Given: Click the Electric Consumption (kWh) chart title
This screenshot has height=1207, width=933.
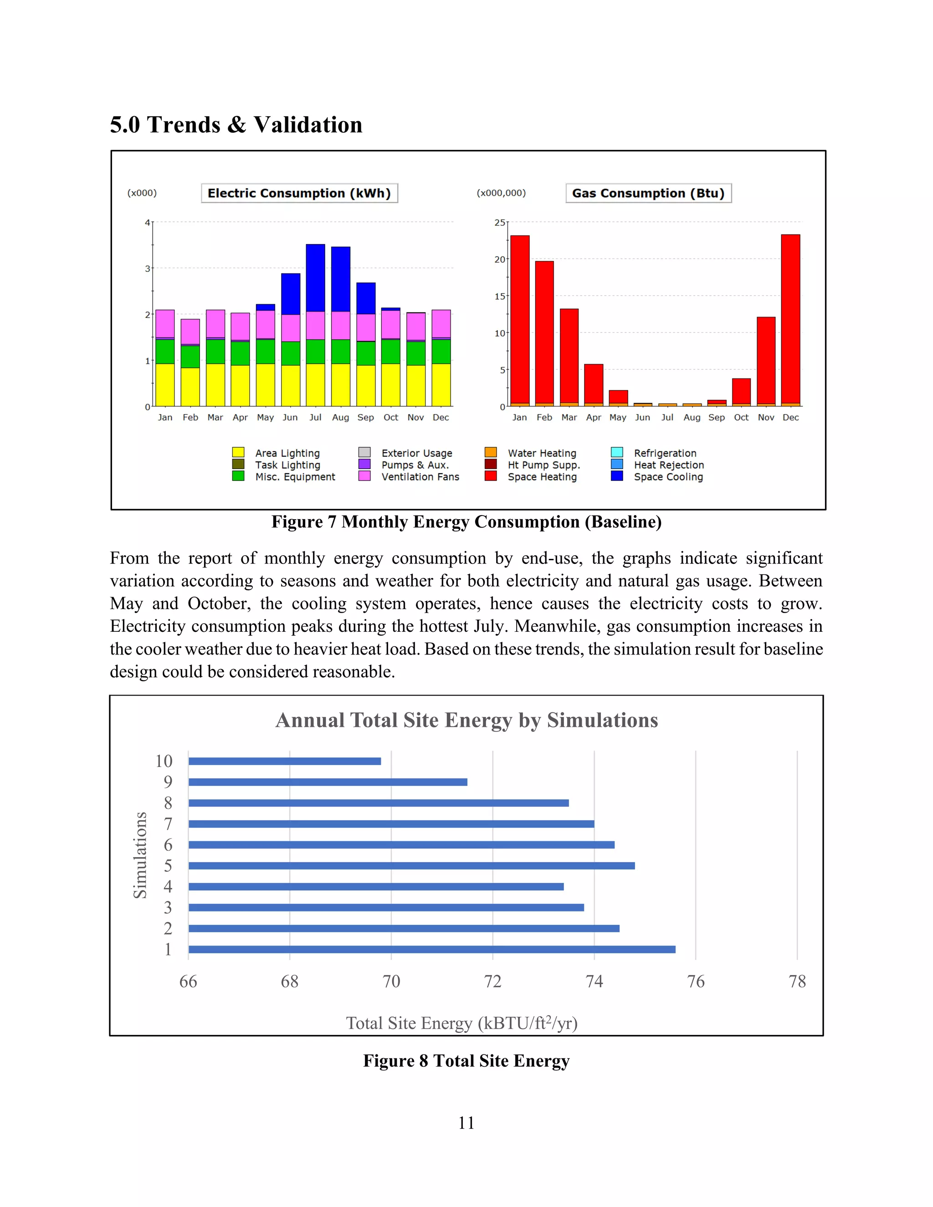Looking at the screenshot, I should click(299, 193).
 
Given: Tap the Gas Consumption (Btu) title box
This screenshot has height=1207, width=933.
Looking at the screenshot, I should click(648, 193).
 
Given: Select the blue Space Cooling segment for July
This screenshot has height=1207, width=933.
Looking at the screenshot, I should click(316, 277).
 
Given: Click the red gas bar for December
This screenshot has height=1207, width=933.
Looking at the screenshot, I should click(790, 319).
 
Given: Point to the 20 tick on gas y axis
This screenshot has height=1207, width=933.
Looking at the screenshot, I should click(500, 259).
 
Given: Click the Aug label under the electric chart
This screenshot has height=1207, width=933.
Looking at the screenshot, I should click(340, 417).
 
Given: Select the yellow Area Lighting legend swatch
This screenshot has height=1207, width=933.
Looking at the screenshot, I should click(238, 453).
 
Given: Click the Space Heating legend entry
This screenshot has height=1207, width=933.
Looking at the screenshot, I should click(542, 476).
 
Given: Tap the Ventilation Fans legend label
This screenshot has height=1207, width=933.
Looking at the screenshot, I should click(420, 476).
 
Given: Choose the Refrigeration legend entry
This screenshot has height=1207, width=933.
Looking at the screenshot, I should click(665, 453).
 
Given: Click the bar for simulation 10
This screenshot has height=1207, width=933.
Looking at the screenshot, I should click(285, 761).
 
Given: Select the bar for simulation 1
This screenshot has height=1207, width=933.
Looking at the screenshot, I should click(431, 950).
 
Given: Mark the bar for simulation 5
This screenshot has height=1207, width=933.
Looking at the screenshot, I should click(411, 865).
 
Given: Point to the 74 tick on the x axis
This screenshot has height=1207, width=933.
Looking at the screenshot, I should click(594, 981).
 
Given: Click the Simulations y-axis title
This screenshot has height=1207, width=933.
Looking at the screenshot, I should click(140, 855).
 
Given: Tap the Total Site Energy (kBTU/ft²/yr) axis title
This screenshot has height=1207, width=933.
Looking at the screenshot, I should click(461, 1023).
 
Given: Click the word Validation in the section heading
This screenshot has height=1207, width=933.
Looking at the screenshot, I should click(308, 125).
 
